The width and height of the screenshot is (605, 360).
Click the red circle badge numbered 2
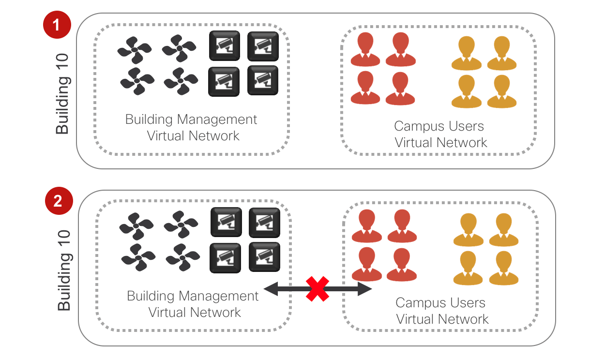pos(58,201)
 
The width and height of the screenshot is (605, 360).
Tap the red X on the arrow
pos(318,289)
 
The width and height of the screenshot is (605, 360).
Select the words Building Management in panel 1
pos(191,120)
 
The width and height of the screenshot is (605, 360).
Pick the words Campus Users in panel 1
pos(439,126)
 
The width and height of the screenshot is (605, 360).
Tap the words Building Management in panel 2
pos(193,296)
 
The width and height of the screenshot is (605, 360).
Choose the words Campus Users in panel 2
pos(440,303)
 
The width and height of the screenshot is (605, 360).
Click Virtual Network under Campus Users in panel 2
pos(442,319)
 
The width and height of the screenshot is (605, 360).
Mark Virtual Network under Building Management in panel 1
pos(193,136)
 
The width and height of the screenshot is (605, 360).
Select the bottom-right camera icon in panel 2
pos(264,256)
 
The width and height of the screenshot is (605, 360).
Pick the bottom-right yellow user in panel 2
pos(504,268)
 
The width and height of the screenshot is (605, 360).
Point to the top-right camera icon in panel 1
pos(263,46)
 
